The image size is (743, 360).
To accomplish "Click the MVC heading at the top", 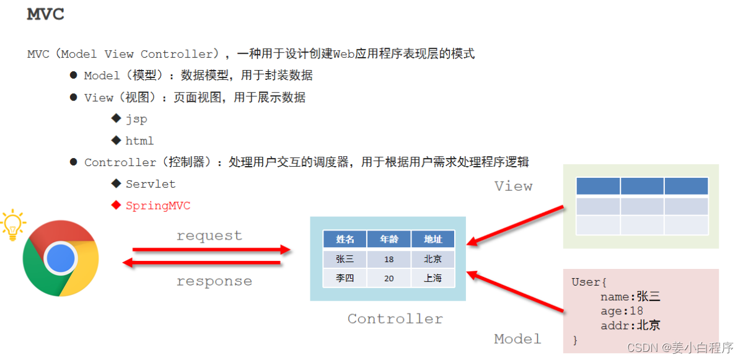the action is [45, 15].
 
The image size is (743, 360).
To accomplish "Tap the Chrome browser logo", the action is [60, 258].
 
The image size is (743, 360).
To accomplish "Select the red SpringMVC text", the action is [158, 206].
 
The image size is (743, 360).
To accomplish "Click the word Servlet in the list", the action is [151, 184].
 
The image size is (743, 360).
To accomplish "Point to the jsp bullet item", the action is [136, 118].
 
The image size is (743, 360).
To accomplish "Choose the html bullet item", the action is [139, 141].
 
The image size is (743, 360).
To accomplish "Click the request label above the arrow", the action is [209, 236].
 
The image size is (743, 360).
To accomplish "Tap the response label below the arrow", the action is [214, 281].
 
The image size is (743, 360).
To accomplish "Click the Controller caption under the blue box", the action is [395, 319].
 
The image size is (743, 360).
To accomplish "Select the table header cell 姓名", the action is [345, 240].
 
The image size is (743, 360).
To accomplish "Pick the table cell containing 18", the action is [389, 259].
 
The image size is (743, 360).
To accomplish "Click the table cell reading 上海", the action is [433, 278].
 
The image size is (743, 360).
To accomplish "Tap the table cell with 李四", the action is [345, 278].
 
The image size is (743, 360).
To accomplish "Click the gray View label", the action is [513, 186].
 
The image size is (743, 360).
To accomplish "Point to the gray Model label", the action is [517, 339].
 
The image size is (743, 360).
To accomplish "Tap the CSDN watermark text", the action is [680, 348].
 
